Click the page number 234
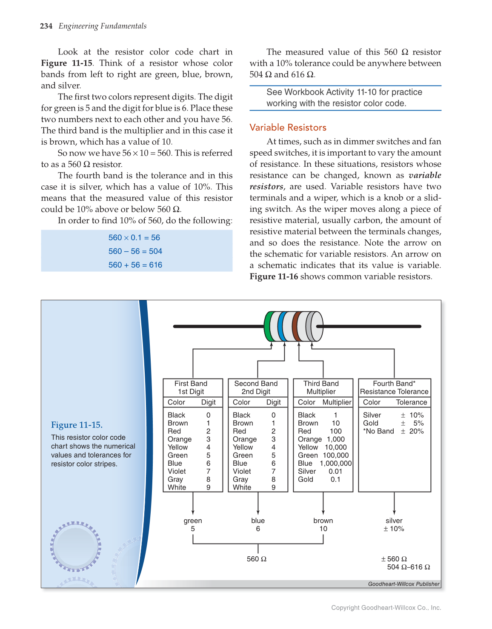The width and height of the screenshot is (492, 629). [46, 26]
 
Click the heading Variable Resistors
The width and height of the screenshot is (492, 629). [288, 128]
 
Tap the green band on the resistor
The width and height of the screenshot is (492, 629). [268, 327]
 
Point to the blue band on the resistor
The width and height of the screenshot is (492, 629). [281, 327]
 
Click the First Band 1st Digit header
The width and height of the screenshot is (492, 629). [191, 387]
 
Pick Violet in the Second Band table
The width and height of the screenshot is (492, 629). [242, 471]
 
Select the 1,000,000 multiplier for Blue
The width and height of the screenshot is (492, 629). [336, 463]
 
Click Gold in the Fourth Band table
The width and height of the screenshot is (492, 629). [371, 423]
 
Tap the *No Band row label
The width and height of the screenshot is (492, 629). [378, 431]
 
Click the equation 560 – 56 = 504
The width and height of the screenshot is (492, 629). [135, 251]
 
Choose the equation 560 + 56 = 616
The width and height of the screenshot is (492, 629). [135, 265]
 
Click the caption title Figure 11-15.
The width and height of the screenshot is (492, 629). [77, 425]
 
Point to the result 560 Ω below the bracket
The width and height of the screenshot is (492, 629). [257, 559]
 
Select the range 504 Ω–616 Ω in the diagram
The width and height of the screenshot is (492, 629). [408, 567]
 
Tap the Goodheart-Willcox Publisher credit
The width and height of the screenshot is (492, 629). [403, 584]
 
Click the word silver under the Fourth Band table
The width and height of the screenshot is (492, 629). [394, 521]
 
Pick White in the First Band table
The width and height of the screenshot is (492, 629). [177, 487]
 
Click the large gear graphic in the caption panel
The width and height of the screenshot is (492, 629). [76, 546]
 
